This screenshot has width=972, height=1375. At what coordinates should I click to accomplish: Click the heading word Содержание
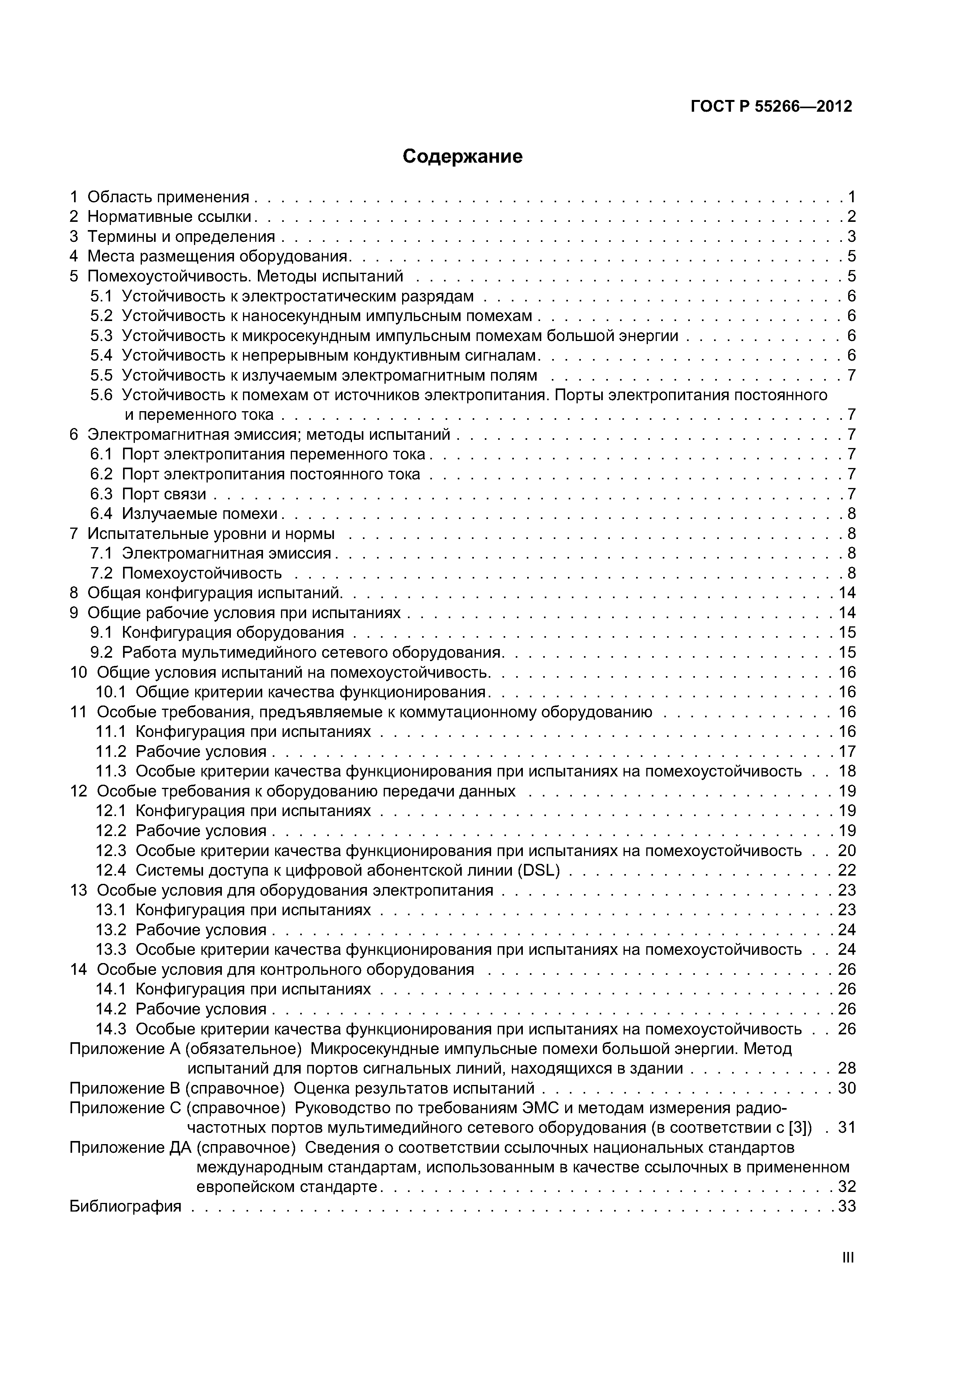click(462, 157)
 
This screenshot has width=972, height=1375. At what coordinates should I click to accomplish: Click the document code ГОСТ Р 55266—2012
click(771, 107)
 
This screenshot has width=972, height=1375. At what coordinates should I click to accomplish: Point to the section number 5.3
click(101, 336)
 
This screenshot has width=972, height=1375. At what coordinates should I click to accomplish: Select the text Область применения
click(168, 197)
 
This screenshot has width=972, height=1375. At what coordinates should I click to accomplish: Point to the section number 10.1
click(111, 692)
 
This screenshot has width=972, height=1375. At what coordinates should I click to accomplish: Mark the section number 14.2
click(111, 1009)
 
